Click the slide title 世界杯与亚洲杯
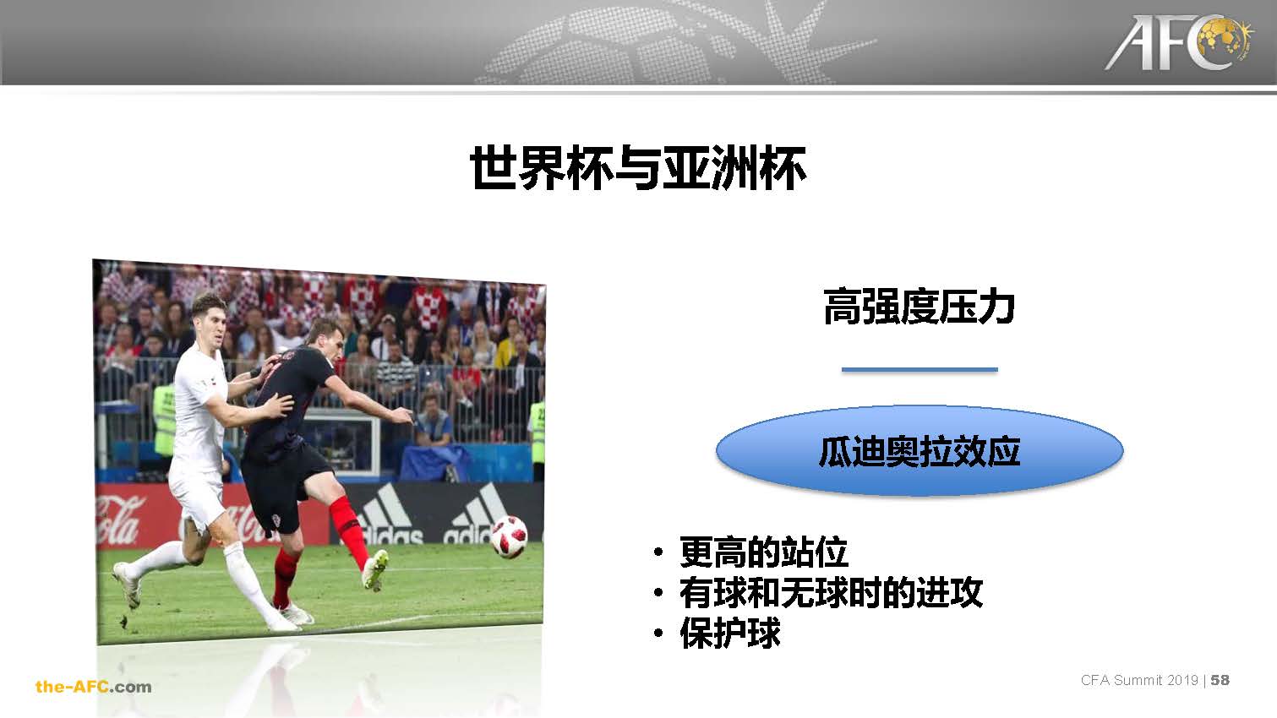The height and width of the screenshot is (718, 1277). [638, 167]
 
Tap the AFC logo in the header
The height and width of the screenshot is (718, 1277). [1179, 43]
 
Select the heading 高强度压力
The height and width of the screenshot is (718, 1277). [919, 307]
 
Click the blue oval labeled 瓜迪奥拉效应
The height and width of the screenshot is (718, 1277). [920, 451]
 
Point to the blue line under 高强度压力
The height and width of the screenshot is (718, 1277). [920, 370]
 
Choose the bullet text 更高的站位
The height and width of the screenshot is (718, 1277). [764, 552]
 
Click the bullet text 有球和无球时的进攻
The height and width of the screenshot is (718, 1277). [831, 593]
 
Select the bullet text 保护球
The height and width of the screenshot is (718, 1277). [729, 633]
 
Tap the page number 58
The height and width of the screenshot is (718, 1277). [1220, 680]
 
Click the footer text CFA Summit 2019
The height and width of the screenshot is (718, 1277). [1139, 680]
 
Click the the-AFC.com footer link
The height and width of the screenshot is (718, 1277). [94, 687]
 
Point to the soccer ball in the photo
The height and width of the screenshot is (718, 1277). [509, 536]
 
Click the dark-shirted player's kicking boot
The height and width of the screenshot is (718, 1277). [375, 569]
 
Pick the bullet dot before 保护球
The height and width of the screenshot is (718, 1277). [658, 633]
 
